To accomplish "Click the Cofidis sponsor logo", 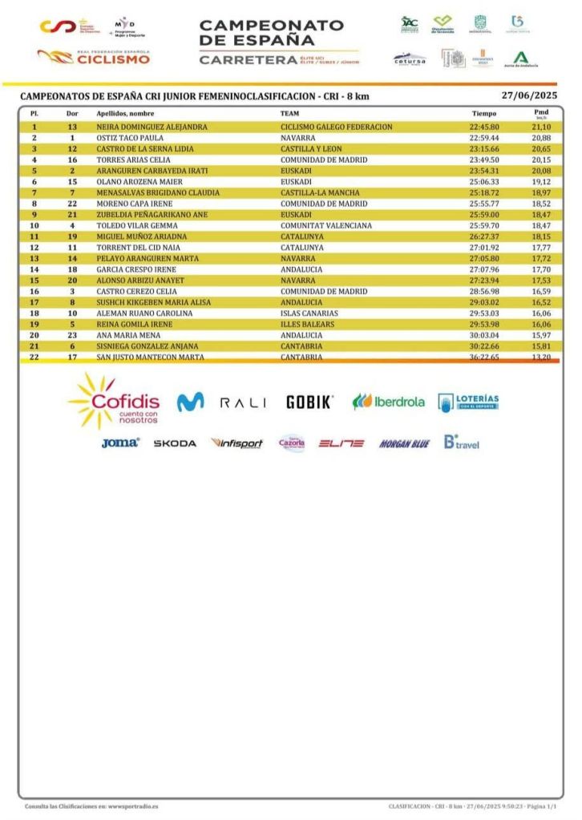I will pos(115,401).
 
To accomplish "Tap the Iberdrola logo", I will pos(389,402).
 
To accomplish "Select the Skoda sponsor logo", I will pos(175,443).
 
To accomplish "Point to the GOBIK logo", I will pos(309,402).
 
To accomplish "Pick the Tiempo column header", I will pos(483,114).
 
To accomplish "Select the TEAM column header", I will pos(289,114).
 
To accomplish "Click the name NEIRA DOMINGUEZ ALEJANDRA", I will pos(152,127).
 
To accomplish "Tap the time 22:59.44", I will pos(484,138).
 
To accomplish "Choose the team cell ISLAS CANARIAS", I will pos(309,313).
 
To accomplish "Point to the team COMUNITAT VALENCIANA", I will pos(325,226).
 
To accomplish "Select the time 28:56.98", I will pos(484,292).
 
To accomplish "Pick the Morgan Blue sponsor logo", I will pos(404,443).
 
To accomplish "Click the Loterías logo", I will pos(468,402).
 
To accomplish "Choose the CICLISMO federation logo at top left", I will pos(94,57).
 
